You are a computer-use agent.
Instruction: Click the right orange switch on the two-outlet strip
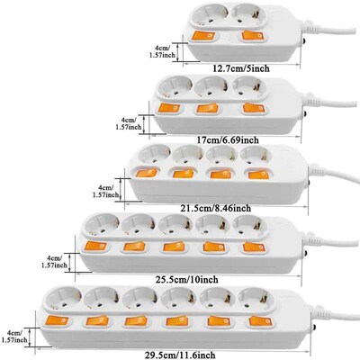point(250,37)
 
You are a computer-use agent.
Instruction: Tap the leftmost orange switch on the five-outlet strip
point(96,246)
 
